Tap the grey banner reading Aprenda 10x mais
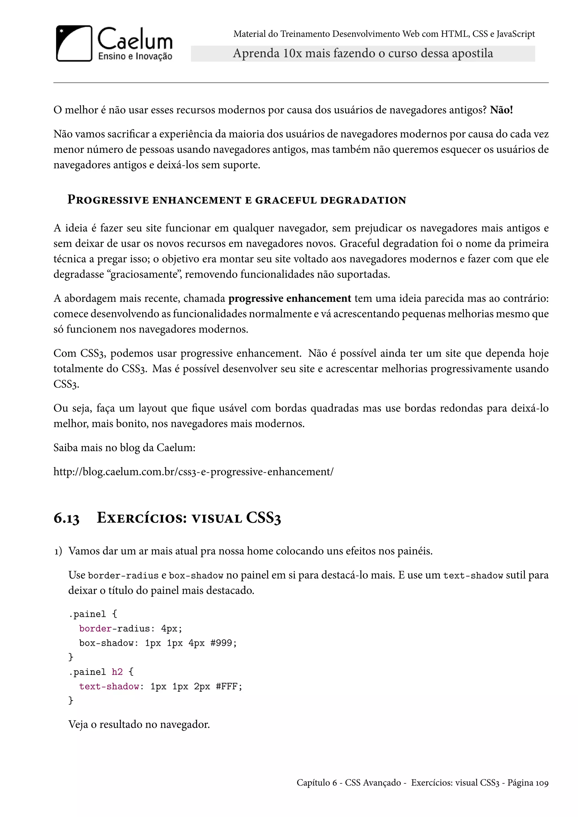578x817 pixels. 363,53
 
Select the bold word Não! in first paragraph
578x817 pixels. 501,110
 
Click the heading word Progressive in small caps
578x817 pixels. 108,200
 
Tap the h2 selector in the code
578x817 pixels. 117,672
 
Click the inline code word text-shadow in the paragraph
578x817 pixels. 473,576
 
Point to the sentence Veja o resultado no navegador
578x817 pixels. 139,724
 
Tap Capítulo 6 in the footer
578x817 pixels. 316,783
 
